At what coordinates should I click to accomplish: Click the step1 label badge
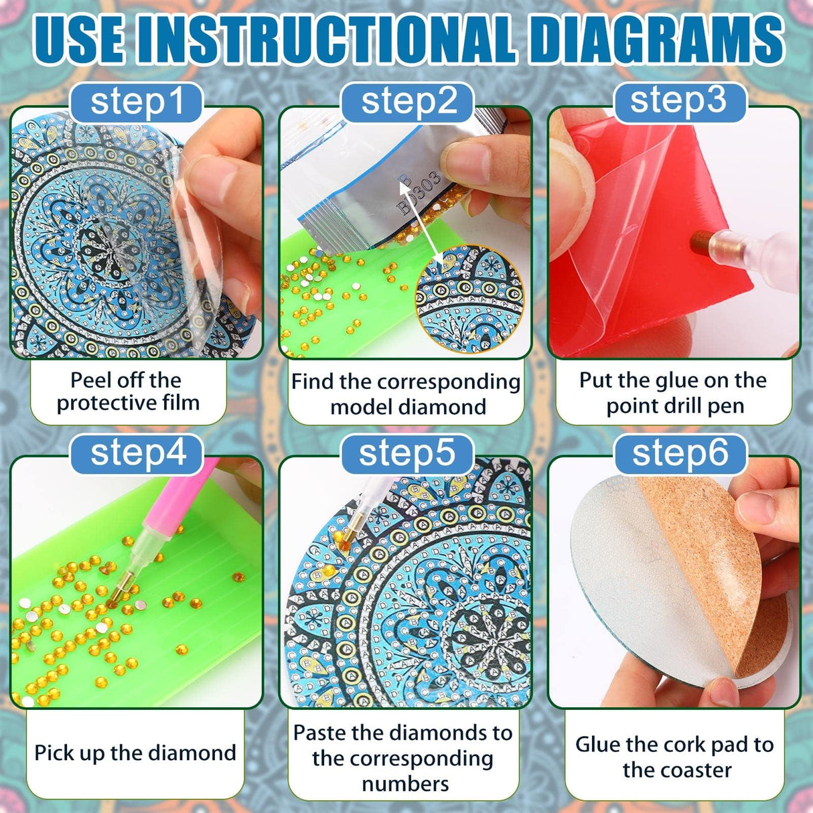pyautogui.click(x=137, y=102)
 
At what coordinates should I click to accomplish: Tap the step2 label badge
pyautogui.click(x=408, y=102)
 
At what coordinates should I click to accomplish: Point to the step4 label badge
pyautogui.click(x=137, y=453)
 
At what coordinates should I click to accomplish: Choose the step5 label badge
pyautogui.click(x=407, y=453)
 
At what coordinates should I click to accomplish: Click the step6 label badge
pyautogui.click(x=680, y=453)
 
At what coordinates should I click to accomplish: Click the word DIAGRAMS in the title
pyautogui.click(x=656, y=38)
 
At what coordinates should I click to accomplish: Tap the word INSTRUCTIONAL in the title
pyautogui.click(x=325, y=38)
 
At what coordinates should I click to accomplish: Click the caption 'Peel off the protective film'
pyautogui.click(x=128, y=392)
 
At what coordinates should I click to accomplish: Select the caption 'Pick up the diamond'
pyautogui.click(x=135, y=753)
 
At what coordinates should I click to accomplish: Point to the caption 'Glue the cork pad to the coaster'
pyautogui.click(x=674, y=757)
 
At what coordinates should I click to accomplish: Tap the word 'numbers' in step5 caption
pyautogui.click(x=404, y=784)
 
